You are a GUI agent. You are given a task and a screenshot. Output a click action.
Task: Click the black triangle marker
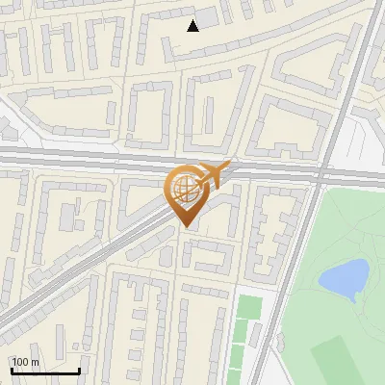193,25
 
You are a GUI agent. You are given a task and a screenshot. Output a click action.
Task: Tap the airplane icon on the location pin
212,174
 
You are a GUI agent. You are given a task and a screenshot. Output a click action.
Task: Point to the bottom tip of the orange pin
184,226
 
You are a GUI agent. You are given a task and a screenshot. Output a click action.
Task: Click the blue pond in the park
344,277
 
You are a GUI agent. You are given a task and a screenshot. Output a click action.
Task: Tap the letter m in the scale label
36,362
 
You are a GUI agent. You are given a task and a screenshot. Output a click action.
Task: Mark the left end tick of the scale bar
11,370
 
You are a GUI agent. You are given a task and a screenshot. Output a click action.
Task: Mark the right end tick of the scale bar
79,370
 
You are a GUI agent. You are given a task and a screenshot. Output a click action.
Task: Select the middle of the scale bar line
44,372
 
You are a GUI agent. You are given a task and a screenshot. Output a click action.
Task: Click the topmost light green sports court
249,307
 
